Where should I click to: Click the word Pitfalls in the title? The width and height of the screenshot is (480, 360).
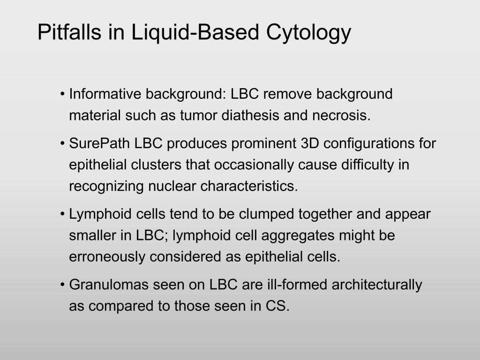pyautogui.click(x=69, y=32)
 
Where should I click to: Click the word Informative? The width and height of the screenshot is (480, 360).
pyautogui.click(x=105, y=94)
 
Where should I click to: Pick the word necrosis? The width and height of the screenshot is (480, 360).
pyautogui.click(x=341, y=116)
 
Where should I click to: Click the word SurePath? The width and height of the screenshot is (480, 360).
pyautogui.click(x=99, y=143)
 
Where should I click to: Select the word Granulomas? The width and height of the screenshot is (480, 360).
pyautogui.click(x=109, y=285)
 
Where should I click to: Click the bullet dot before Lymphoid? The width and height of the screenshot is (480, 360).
pyautogui.click(x=63, y=213)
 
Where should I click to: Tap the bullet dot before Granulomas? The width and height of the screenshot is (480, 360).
pyautogui.click(x=63, y=284)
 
